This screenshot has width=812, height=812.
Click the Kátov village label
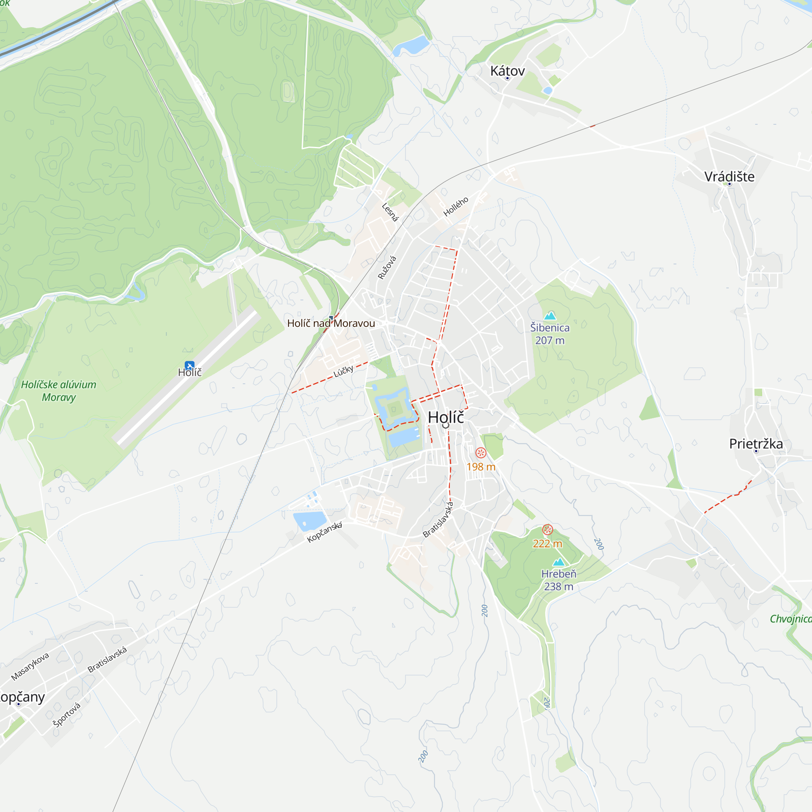tap(507, 71)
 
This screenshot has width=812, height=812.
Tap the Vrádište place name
tap(729, 177)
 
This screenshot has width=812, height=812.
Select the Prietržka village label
tap(756, 444)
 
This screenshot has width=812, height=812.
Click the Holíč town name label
tap(445, 417)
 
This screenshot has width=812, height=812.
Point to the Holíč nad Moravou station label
tap(331, 323)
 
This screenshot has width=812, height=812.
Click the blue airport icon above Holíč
tap(190, 365)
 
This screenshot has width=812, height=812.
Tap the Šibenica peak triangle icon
tap(550, 315)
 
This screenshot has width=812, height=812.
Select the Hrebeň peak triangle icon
tap(559, 562)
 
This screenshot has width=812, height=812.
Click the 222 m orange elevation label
tap(547, 544)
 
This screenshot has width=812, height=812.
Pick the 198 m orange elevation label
tap(481, 466)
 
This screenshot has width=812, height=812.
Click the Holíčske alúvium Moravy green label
tap(58, 391)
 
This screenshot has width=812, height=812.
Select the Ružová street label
tap(387, 268)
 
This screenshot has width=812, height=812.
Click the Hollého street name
tap(456, 206)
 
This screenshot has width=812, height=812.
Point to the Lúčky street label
tap(343, 371)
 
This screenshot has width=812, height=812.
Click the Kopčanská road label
tap(324, 532)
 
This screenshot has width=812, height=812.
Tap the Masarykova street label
tap(30, 666)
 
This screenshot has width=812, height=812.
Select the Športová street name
tap(67, 714)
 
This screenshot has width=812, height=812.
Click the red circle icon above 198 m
tap(481, 453)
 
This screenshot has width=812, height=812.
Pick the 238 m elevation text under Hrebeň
tap(559, 586)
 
